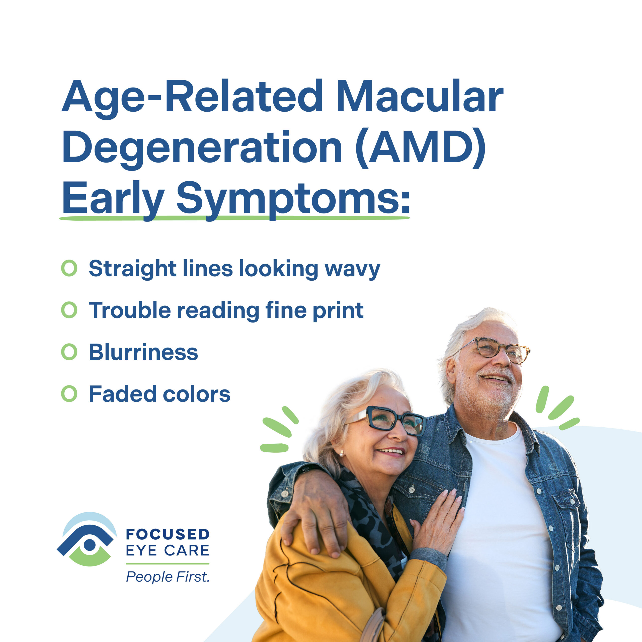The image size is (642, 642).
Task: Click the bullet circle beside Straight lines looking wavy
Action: [x=69, y=268]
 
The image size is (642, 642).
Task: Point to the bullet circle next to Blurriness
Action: [x=69, y=352]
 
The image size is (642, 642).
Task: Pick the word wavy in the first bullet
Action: [x=352, y=270]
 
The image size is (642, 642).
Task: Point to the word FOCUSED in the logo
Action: [x=168, y=534]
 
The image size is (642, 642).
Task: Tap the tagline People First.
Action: [x=168, y=577]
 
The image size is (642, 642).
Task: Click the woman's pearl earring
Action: [x=341, y=453]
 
